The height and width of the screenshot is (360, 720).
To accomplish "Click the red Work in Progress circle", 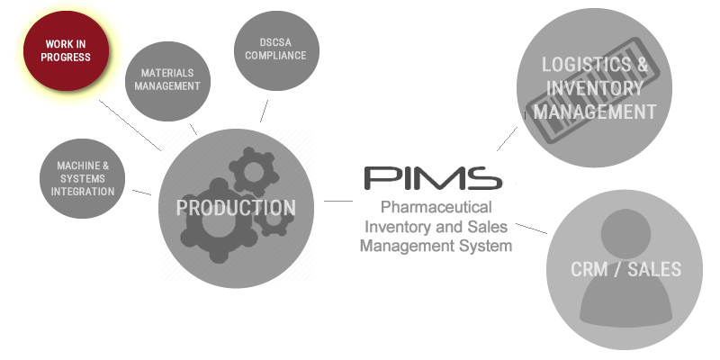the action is click(66, 51).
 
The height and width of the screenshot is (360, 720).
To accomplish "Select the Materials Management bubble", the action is click(167, 81).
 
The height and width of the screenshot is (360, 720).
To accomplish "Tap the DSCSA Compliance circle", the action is click(276, 50).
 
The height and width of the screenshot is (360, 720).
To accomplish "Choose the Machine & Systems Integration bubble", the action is click(82, 178).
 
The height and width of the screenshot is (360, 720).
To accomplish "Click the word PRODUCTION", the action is click(236, 208).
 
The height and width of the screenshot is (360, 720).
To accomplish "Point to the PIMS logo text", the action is click(434, 178).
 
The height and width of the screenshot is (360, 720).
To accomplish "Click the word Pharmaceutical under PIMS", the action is click(436, 207).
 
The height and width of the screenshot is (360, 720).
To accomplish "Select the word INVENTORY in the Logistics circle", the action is click(595, 88).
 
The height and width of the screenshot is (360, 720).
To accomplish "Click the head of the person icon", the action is click(625, 234).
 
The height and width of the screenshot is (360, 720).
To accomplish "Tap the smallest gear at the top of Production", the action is click(254, 172).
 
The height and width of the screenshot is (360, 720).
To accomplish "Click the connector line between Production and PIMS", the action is click(338, 201).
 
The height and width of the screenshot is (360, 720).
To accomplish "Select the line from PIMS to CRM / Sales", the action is click(532, 229).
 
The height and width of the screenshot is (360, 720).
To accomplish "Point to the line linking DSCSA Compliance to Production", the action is click(264, 111).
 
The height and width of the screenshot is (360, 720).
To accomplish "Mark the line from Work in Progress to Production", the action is click(130, 125).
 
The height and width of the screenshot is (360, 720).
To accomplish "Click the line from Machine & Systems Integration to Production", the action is click(141, 193).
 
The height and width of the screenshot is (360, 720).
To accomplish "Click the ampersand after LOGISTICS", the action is click(643, 65).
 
